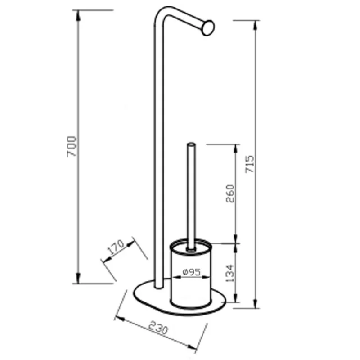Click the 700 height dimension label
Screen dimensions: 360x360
click(72, 147)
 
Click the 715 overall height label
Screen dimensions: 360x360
click(250, 164)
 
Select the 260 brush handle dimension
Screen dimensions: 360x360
click(230, 193)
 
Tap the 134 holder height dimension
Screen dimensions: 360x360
click(229, 273)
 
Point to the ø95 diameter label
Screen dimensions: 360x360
click(192, 272)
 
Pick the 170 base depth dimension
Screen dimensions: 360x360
click(116, 247)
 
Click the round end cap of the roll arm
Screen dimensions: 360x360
click(208, 28)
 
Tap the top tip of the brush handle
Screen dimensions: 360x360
click(191, 144)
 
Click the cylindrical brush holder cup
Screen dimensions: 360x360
click(191, 273)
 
